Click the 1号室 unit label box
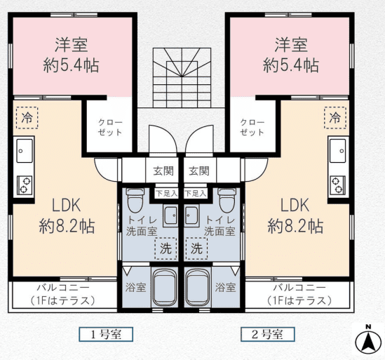(x=106, y=334)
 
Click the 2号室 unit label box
(x=268, y=334)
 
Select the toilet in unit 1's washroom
(x=135, y=200)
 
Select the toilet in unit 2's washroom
(x=227, y=200)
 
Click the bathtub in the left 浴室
(x=165, y=287)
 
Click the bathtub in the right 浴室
(x=198, y=287)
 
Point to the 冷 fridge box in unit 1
(x=27, y=118)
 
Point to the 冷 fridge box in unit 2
(x=335, y=118)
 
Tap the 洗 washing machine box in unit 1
(x=166, y=248)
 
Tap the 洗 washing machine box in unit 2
(x=196, y=248)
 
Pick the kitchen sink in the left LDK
(x=25, y=151)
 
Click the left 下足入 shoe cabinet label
(x=167, y=194)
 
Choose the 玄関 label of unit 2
(x=199, y=171)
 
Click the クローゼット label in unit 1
(x=110, y=127)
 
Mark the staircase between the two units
(x=182, y=78)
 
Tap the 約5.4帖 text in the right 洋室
(x=291, y=65)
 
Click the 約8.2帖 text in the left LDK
(x=67, y=226)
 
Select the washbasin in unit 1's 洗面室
(x=170, y=215)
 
